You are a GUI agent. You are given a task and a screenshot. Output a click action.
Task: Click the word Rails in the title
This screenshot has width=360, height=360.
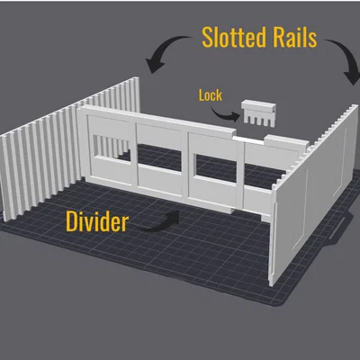click(295, 37)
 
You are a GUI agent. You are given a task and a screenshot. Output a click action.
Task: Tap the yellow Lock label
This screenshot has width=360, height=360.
click(211, 95)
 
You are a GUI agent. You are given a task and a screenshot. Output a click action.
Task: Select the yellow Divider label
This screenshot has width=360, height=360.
click(97, 221)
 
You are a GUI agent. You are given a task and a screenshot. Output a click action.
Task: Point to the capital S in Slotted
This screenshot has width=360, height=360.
click(208, 37)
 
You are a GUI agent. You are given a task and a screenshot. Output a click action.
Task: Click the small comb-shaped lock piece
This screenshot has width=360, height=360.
click(258, 112)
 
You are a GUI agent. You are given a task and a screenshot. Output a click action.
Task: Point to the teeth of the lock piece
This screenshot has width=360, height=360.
click(258, 120)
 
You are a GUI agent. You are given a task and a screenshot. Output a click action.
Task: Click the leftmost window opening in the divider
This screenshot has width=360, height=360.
click(112, 147)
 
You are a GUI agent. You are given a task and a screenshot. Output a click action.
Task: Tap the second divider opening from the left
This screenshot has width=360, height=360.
click(159, 157)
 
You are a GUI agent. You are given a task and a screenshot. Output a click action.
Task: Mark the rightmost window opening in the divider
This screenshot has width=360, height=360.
click(259, 177)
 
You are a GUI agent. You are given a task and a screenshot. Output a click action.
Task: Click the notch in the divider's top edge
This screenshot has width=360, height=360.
click(249, 139)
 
